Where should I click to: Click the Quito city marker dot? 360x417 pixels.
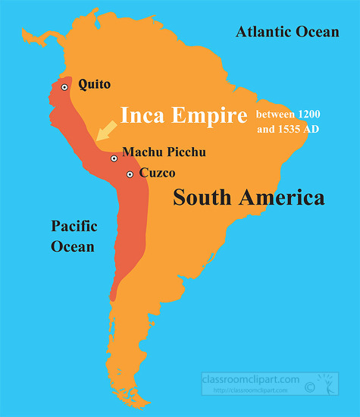tap(65, 87)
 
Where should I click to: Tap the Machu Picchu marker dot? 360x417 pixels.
tap(114, 158)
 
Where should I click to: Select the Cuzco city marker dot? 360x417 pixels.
tap(130, 174)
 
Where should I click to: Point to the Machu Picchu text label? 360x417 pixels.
tap(163, 152)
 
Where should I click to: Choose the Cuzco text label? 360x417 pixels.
tap(157, 173)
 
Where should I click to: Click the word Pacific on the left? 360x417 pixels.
tap(74, 226)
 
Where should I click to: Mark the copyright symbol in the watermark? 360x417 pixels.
tap(309, 387)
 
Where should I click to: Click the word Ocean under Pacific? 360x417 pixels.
tap(73, 246)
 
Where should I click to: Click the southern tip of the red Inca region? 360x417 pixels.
tap(112, 297)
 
